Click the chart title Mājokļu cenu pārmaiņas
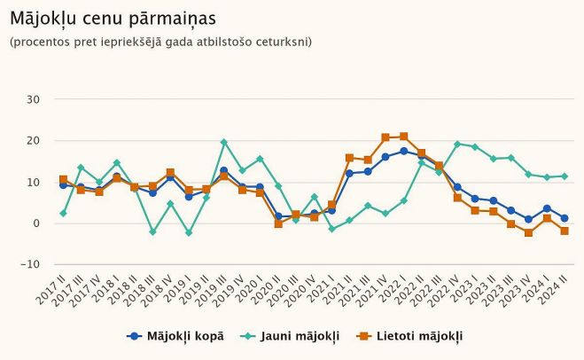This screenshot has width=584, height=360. [113, 18]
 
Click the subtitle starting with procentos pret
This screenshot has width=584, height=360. [160, 42]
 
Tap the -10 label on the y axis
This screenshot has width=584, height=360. [31, 264]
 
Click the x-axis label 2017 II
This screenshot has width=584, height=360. [53, 287]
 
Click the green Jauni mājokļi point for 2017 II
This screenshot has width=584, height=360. [63, 214]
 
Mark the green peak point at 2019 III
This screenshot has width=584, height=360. [224, 142]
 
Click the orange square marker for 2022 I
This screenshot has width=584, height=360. [403, 137]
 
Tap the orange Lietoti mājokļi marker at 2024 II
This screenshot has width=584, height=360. [565, 231]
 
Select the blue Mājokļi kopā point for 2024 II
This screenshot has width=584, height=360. [565, 218]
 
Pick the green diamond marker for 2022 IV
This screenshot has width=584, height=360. [457, 144]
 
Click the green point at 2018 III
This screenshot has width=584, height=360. [152, 231]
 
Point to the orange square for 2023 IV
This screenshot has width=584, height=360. [529, 232]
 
